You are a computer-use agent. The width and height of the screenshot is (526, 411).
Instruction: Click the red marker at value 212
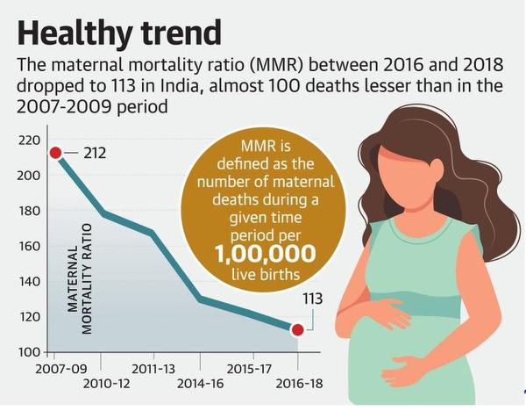click(55, 154)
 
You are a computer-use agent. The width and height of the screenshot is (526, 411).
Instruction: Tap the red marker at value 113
click(297, 330)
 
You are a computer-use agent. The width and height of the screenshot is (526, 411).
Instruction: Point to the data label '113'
click(312, 299)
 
